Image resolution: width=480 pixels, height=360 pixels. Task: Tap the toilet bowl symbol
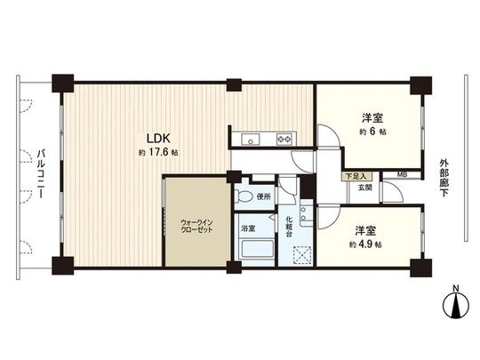pos(243,196)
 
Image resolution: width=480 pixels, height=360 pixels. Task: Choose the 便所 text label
pos(262,196)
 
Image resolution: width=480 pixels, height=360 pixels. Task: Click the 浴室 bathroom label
pos(248,228)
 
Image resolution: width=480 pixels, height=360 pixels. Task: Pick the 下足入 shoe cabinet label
pos(356,177)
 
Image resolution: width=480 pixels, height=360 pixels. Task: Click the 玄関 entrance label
pos(365,188)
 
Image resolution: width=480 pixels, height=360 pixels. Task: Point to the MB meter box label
pos(402,176)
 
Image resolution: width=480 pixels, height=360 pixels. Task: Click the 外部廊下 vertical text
pos(444,178)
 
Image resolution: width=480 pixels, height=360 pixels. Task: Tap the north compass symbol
pos(455,308)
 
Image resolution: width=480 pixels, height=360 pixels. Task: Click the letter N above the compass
pos(455,289)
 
